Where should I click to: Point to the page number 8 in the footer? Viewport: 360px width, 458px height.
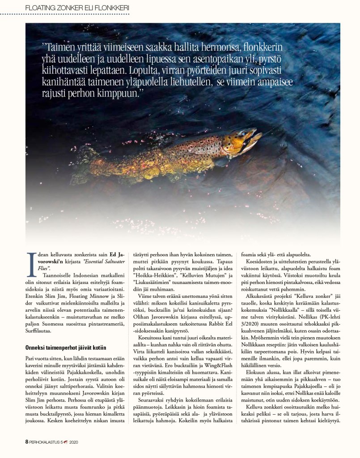[x=27, y=441]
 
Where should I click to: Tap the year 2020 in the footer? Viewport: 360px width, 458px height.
[x=74, y=441]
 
